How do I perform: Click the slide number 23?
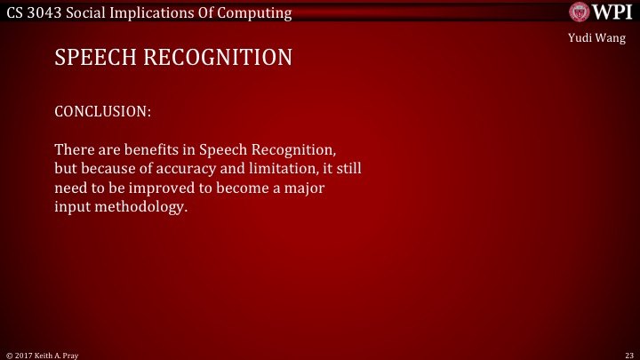click(x=628, y=354)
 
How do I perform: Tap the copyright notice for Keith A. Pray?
click(x=43, y=354)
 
